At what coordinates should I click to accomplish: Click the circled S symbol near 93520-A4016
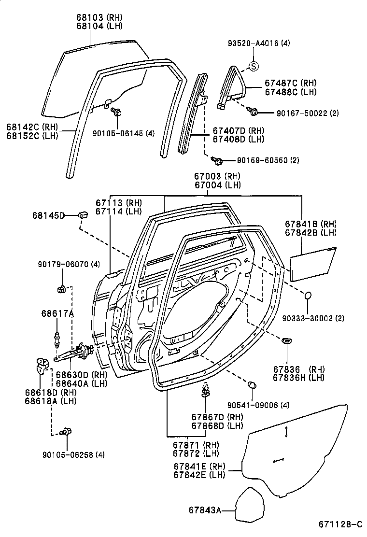click(254, 66)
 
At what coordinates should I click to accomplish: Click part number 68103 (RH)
click(99, 16)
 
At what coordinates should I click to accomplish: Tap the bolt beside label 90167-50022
click(254, 112)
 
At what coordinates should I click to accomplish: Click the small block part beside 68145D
click(83, 214)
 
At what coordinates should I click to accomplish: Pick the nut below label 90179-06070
click(62, 289)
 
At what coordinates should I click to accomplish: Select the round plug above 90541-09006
click(251, 385)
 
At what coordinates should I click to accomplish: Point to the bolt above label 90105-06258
click(67, 431)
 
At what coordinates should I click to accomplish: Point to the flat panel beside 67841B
click(313, 263)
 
